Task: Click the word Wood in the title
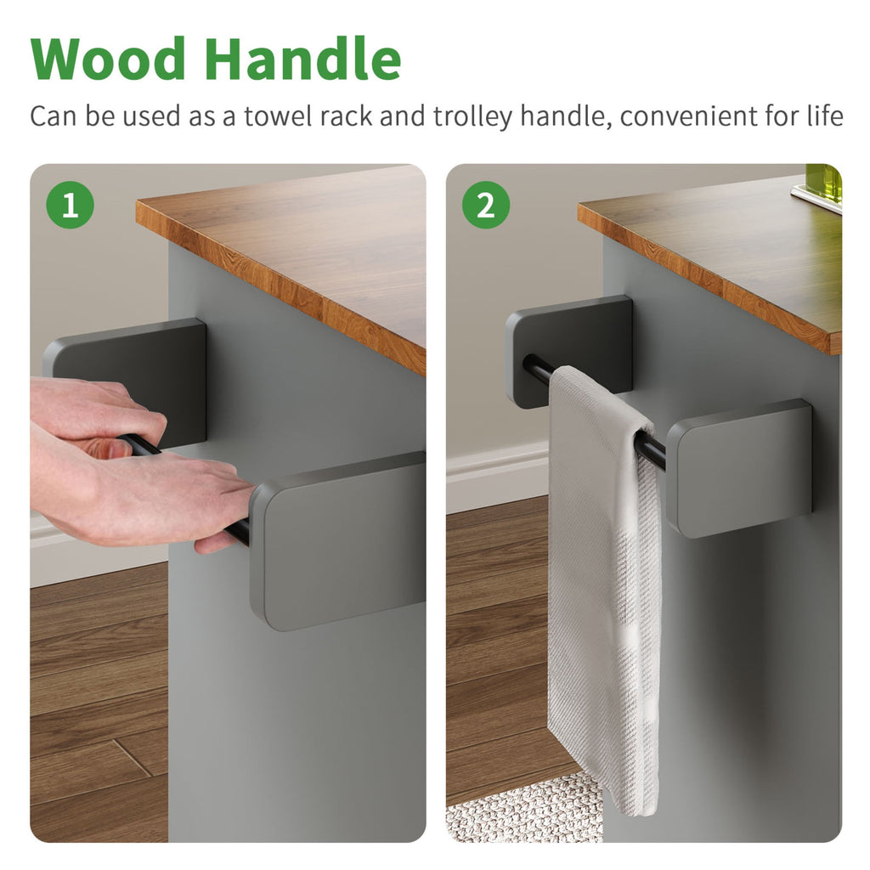[108, 59]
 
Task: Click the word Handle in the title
[303, 59]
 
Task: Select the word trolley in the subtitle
[473, 117]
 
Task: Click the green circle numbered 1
[70, 205]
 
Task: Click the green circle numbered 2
[486, 205]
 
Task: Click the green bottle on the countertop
[824, 186]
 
